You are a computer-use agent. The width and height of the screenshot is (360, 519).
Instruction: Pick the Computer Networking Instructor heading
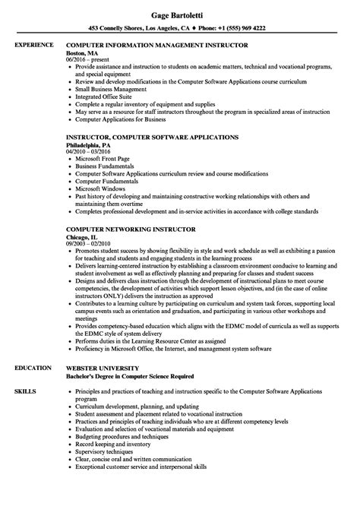(132, 228)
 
